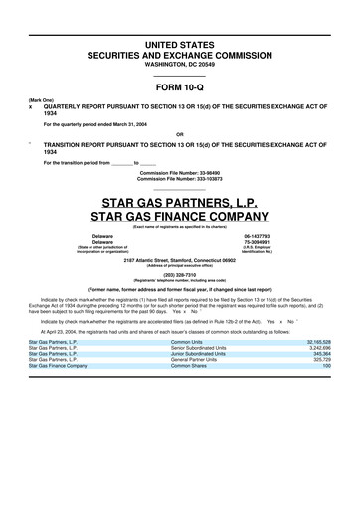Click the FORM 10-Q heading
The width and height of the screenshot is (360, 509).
179,85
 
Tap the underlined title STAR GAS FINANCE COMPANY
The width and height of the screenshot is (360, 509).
179,216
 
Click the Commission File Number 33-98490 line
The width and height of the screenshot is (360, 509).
179,171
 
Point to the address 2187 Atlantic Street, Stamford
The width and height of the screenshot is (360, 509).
179,259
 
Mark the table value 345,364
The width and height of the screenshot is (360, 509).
319,353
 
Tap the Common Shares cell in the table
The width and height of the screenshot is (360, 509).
189,365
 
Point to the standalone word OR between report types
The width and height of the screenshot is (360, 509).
179,133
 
